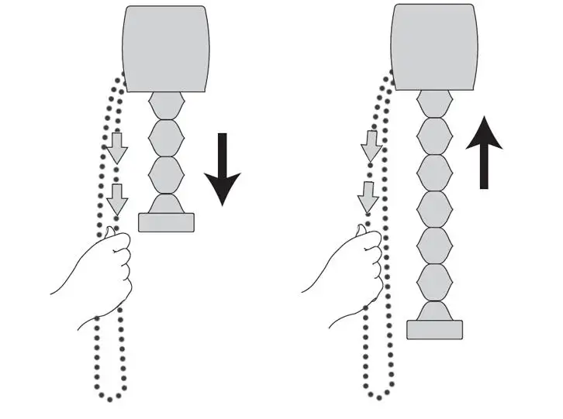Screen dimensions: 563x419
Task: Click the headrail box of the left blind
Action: tap(166, 48)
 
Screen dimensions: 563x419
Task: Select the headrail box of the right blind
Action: tap(433, 46)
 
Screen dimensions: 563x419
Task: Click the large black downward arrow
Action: tap(223, 170)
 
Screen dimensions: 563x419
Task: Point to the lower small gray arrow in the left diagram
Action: tap(116, 199)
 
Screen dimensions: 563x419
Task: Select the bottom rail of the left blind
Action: tap(165, 222)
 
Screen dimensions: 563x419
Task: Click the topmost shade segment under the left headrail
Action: tap(165, 105)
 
